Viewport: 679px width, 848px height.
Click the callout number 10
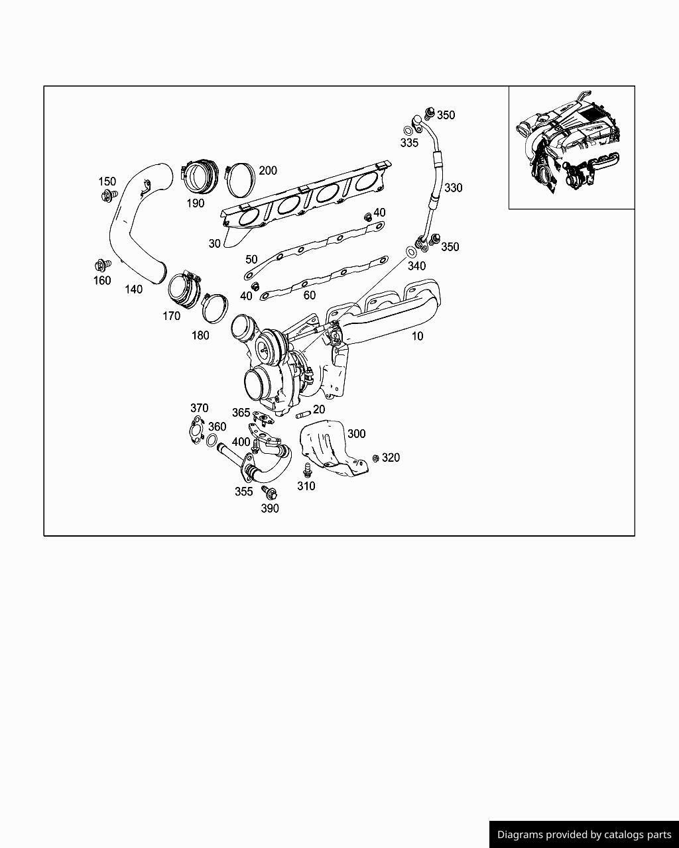point(417,336)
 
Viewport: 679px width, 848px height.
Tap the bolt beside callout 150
point(109,195)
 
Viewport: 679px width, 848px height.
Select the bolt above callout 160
point(102,266)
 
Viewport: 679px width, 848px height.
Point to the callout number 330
point(453,187)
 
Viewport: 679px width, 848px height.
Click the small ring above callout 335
point(408,131)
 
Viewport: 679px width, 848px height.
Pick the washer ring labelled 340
point(410,252)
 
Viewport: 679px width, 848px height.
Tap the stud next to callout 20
point(303,415)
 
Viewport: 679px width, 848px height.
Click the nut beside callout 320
point(376,458)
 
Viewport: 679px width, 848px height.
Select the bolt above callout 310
point(307,470)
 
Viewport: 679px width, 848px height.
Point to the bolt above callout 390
point(269,492)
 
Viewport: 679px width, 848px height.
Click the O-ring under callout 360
point(212,440)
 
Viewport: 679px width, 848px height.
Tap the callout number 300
point(356,434)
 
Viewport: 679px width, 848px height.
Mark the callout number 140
point(133,290)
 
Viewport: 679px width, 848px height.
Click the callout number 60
point(309,295)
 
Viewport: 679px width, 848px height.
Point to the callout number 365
point(241,413)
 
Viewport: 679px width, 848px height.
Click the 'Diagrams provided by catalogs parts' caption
point(584,835)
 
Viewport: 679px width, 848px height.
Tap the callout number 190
point(196,204)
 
